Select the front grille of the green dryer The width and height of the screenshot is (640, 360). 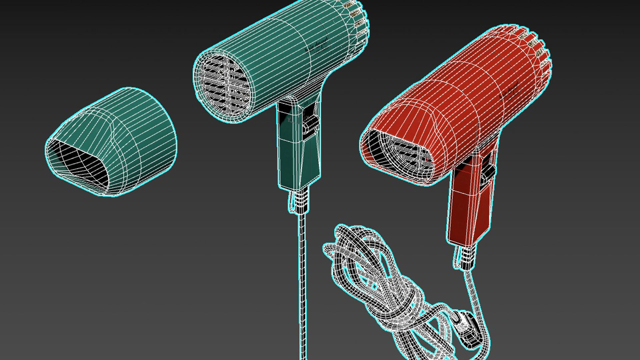click(223, 85)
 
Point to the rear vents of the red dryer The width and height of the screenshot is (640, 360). click(540, 50)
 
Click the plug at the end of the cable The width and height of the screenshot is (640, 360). click(467, 328)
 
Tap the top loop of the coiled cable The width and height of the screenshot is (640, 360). click(350, 233)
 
